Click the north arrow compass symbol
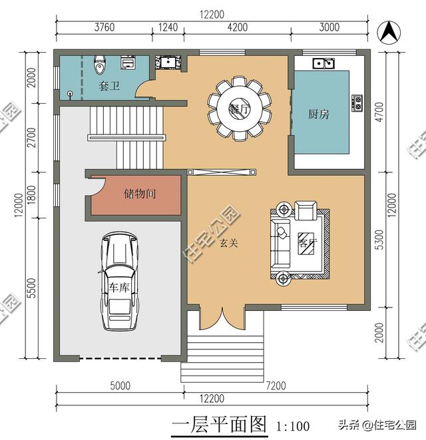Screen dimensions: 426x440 click(389, 32)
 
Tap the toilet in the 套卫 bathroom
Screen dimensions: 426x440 click(99, 65)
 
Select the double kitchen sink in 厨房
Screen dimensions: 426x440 click(323, 63)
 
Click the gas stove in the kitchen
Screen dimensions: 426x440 click(357, 103)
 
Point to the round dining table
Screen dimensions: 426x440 click(240, 108)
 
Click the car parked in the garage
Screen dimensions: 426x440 click(120, 282)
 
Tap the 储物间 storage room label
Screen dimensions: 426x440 click(140, 194)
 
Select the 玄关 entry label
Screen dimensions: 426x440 click(229, 243)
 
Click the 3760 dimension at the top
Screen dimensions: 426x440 click(105, 27)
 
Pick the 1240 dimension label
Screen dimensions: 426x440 click(168, 27)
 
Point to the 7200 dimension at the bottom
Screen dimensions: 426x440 click(276, 386)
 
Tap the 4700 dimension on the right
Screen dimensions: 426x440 click(379, 112)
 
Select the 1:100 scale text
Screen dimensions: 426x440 click(293, 426)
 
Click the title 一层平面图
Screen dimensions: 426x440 click(219, 424)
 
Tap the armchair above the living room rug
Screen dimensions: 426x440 click(306, 210)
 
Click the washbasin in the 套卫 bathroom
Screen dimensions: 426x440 click(128, 63)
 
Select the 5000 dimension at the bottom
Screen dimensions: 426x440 click(120, 386)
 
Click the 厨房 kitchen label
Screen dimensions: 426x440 click(319, 114)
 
